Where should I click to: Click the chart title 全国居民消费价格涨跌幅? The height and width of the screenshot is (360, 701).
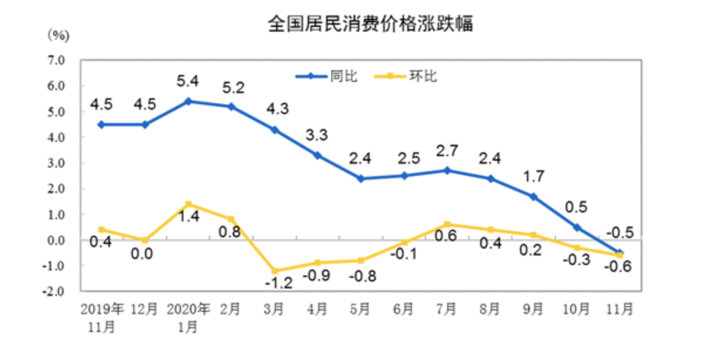coord(370,24)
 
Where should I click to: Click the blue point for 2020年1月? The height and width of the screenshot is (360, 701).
coord(188,101)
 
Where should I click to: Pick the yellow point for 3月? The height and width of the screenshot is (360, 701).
coord(274,271)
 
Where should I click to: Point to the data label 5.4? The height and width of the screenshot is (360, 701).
coord(188,78)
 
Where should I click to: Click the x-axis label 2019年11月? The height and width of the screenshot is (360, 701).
coord(102,316)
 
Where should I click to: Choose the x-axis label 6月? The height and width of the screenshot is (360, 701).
coord(403,309)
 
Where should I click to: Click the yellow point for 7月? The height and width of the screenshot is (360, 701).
coord(447,225)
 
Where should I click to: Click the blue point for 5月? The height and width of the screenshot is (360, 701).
coord(360,178)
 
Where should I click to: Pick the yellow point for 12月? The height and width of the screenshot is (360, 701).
coord(145,240)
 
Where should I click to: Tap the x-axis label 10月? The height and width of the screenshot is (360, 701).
coord(576,309)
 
